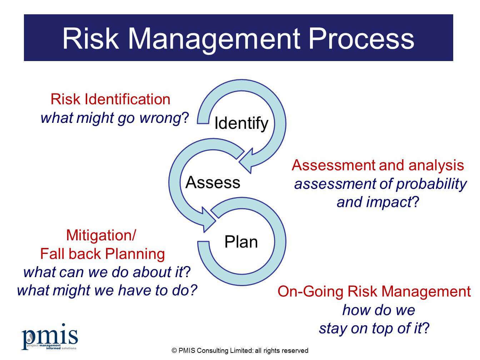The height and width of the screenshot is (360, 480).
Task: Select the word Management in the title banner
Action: click(x=213, y=39)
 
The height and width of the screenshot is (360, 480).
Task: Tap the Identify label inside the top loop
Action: click(x=241, y=123)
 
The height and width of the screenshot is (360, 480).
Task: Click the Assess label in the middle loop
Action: click(x=213, y=182)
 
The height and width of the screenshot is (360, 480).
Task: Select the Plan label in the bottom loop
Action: click(x=241, y=242)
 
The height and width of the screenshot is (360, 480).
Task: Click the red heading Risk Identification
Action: click(x=110, y=99)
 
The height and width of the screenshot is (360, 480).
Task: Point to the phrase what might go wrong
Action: click(x=111, y=118)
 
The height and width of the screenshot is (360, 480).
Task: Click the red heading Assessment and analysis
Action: click(x=377, y=165)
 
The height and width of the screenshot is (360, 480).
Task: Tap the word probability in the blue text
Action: click(x=431, y=184)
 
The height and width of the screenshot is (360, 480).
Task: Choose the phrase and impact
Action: click(x=374, y=202)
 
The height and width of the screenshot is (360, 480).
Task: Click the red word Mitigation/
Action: click(x=101, y=235)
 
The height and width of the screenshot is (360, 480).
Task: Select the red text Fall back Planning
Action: click(x=102, y=254)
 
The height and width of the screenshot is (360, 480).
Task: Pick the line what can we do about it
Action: click(x=104, y=272)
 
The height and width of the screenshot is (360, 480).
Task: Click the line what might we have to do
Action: click(x=107, y=290)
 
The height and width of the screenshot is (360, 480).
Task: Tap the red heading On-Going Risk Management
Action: click(x=374, y=291)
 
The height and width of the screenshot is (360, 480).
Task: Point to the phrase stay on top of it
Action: click(x=370, y=328)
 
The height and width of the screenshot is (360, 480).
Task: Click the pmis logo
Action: click(x=49, y=337)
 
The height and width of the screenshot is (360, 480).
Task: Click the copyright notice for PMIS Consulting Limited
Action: click(x=240, y=351)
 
